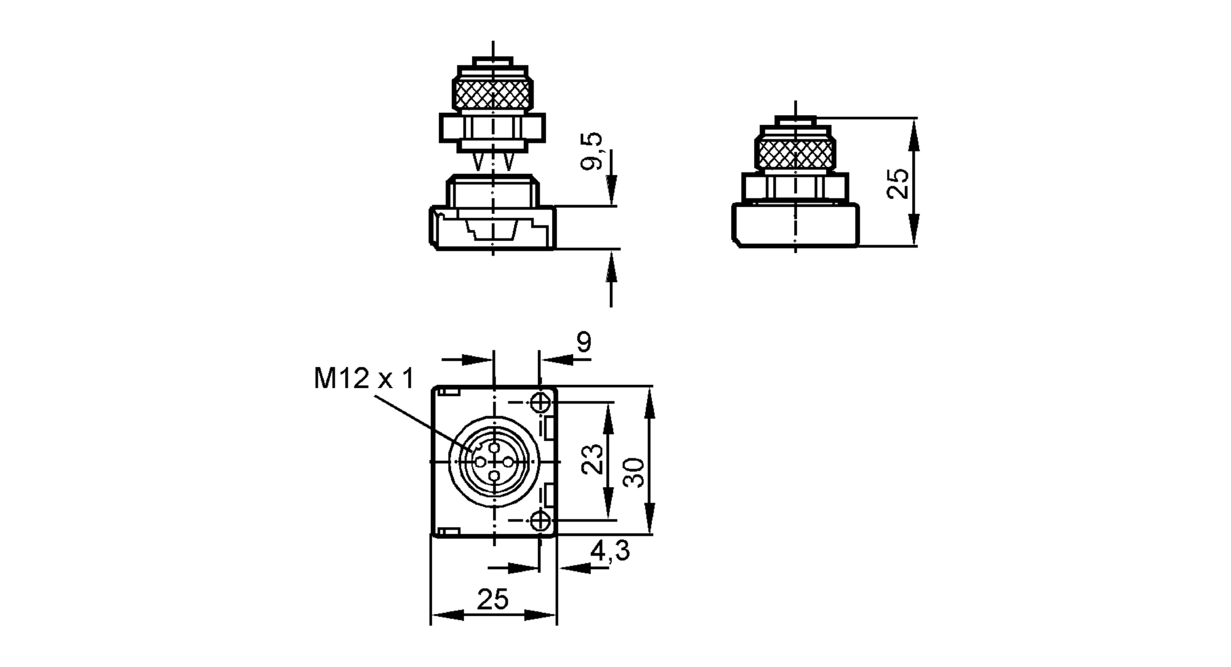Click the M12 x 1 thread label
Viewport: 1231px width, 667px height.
click(x=364, y=378)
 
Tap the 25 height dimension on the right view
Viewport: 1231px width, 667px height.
click(x=897, y=183)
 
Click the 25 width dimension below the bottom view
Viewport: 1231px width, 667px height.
click(x=493, y=599)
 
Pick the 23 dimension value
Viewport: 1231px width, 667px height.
click(x=593, y=459)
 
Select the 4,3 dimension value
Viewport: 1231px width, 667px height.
click(x=610, y=551)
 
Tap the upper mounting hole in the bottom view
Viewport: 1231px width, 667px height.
click(x=540, y=403)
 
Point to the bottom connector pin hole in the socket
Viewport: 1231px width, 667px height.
click(x=494, y=475)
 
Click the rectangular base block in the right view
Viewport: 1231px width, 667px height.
click(x=795, y=225)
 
